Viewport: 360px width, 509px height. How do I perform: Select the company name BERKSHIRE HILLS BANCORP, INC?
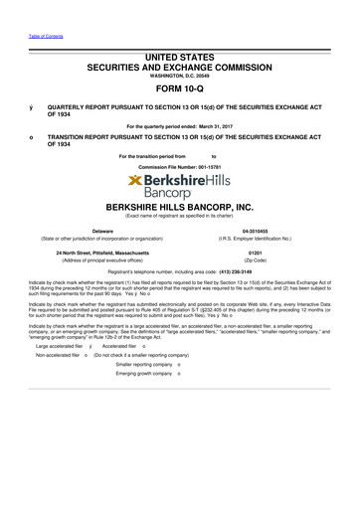pos(180,206)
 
